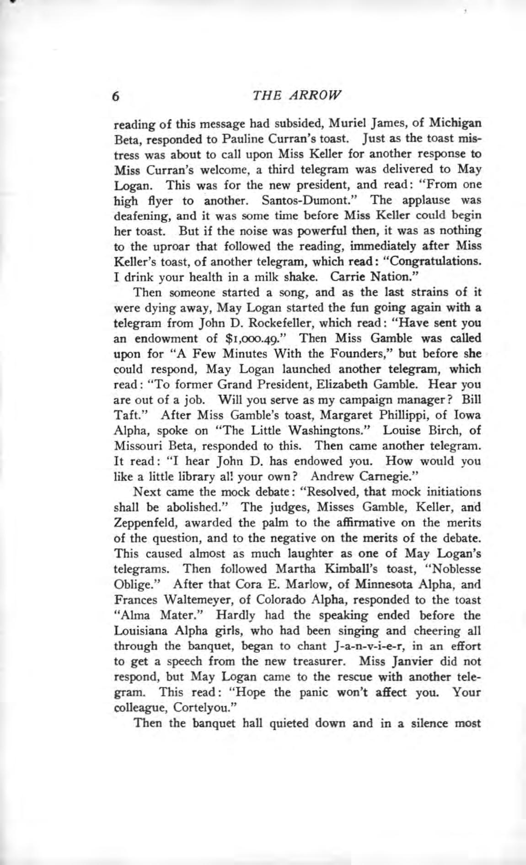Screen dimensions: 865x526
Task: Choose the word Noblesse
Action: pyautogui.click(x=452, y=569)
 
